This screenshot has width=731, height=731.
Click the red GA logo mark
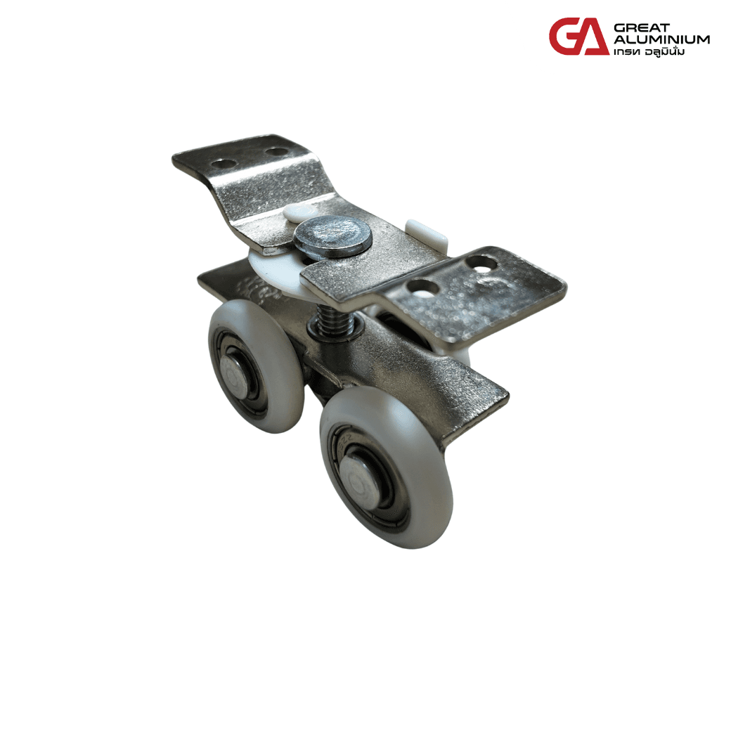point(579,37)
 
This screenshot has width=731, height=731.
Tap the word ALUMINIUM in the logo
point(661,39)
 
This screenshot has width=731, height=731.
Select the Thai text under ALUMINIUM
point(649,51)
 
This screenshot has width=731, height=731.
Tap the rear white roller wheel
point(256,366)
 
